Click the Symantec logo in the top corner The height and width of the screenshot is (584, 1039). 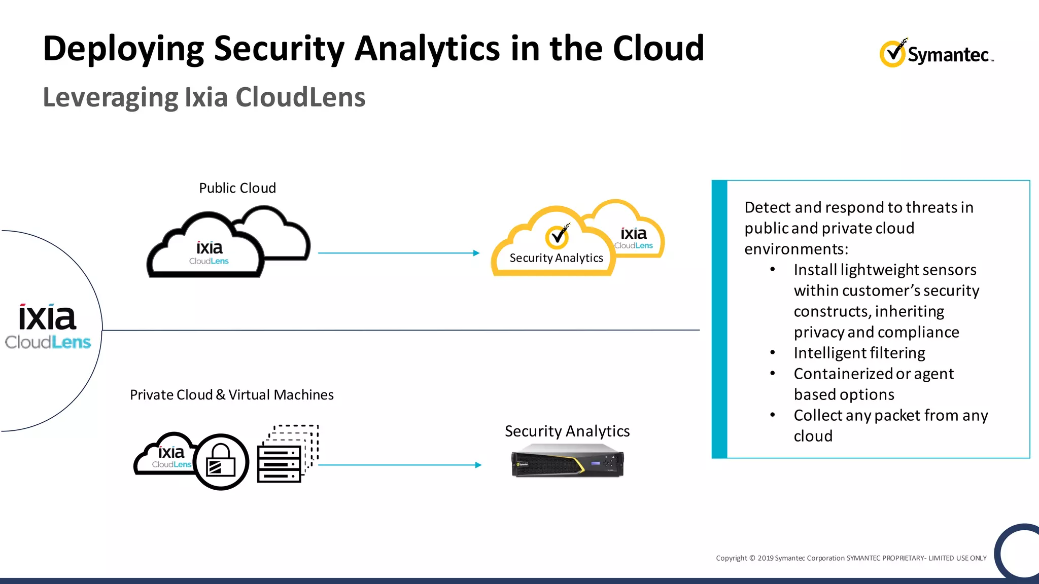[x=937, y=53]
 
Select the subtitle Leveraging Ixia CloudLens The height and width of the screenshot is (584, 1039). [x=204, y=97]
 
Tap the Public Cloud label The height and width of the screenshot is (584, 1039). [x=237, y=188]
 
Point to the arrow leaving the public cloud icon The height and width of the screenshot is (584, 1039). [x=398, y=252]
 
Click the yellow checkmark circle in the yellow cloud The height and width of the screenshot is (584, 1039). [x=557, y=237]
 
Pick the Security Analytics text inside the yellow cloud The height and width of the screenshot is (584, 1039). [x=556, y=258]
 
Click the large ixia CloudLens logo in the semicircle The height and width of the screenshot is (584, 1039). [x=48, y=327]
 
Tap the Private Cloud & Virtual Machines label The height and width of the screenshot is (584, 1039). [x=231, y=395]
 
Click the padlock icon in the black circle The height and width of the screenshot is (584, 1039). [x=221, y=461]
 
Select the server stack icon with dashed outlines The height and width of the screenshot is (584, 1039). [x=287, y=454]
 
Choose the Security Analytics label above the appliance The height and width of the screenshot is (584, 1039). [x=567, y=431]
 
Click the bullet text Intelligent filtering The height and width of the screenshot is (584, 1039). [x=859, y=353]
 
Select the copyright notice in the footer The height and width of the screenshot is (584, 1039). [x=851, y=558]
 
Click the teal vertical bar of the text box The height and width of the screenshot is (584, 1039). [x=719, y=319]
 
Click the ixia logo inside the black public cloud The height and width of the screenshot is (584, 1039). [x=209, y=252]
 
